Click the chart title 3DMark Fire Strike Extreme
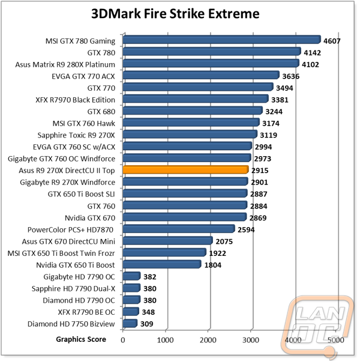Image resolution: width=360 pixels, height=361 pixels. click(175, 14)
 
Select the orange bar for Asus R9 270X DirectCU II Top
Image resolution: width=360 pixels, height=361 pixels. click(185, 169)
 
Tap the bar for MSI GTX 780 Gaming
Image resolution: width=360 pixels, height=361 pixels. click(222, 40)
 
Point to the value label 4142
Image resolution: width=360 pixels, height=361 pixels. click(312, 53)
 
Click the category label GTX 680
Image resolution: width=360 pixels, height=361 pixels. click(101, 112)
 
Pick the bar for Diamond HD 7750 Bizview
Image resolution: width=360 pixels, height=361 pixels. click(130, 323)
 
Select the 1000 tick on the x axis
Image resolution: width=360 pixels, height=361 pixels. click(165, 340)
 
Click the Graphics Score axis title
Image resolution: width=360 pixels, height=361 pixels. click(81, 339)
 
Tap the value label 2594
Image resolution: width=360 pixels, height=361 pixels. click(246, 230)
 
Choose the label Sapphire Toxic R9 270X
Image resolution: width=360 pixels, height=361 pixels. click(76, 135)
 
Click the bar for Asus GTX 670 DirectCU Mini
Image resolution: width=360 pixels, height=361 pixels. click(167, 241)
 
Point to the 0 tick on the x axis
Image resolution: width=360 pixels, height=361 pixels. click(123, 340)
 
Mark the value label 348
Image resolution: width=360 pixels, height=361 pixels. click(148, 312)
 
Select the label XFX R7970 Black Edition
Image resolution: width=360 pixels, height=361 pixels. click(75, 100)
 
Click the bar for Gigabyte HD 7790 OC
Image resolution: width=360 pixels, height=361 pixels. click(131, 276)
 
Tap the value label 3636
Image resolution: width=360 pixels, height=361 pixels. click(291, 76)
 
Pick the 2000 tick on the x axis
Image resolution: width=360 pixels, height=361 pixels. click(208, 340)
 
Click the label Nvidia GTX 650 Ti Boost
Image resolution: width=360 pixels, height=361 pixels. click(76, 265)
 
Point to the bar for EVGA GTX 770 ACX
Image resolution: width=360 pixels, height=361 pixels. click(201, 75)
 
